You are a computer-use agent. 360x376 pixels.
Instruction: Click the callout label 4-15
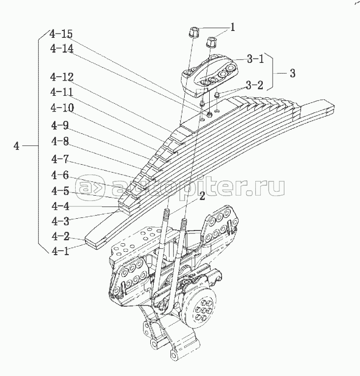point(61,34)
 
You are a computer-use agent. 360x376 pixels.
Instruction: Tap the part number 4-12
point(61,77)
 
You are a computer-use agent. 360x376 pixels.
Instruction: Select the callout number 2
point(201,197)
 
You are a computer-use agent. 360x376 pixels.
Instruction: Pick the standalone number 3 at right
point(292,74)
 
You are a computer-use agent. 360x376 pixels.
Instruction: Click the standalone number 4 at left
point(17,146)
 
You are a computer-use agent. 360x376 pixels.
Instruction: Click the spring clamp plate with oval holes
point(211,75)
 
